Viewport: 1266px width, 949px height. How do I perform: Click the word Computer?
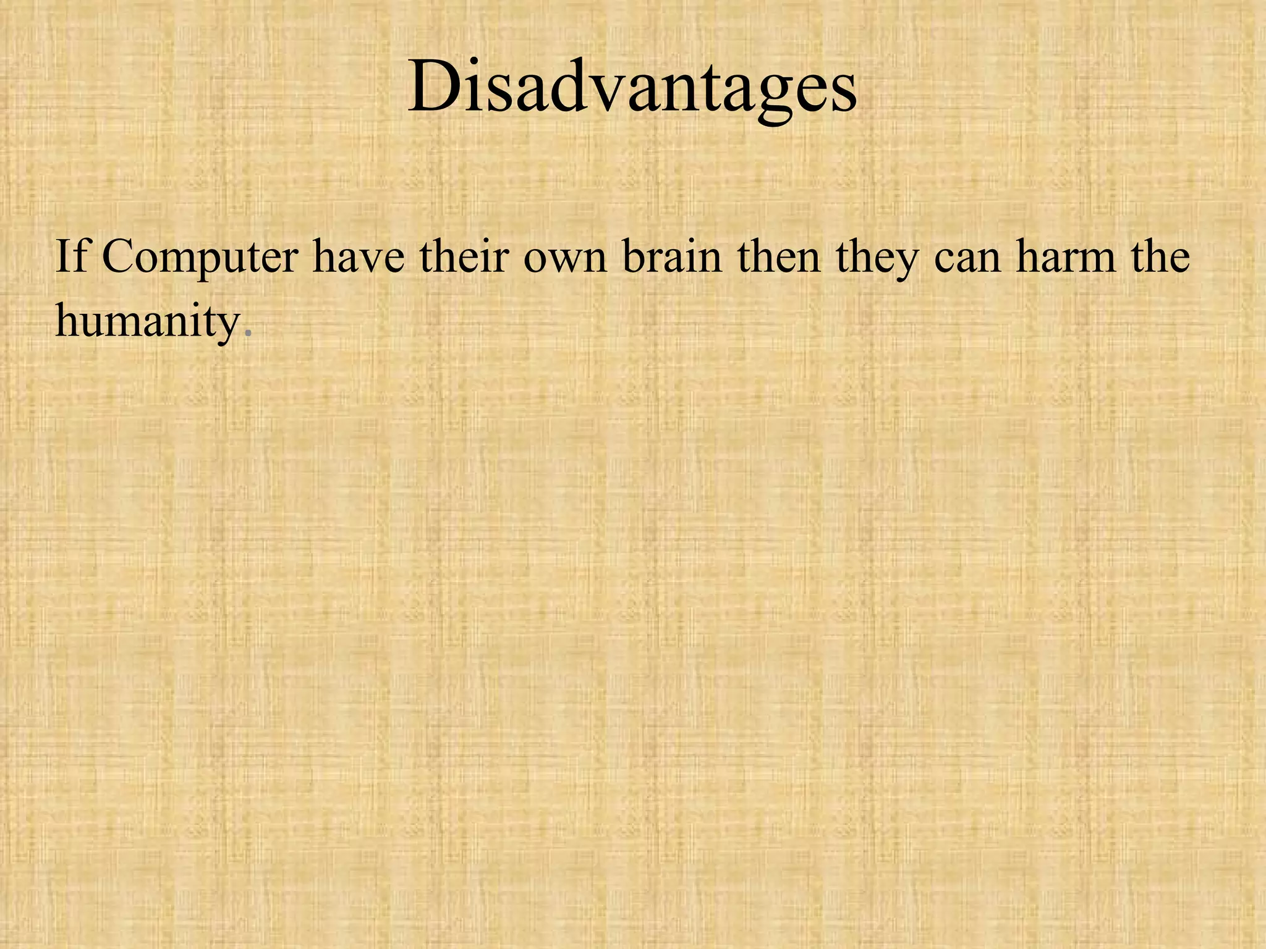click(200, 257)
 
